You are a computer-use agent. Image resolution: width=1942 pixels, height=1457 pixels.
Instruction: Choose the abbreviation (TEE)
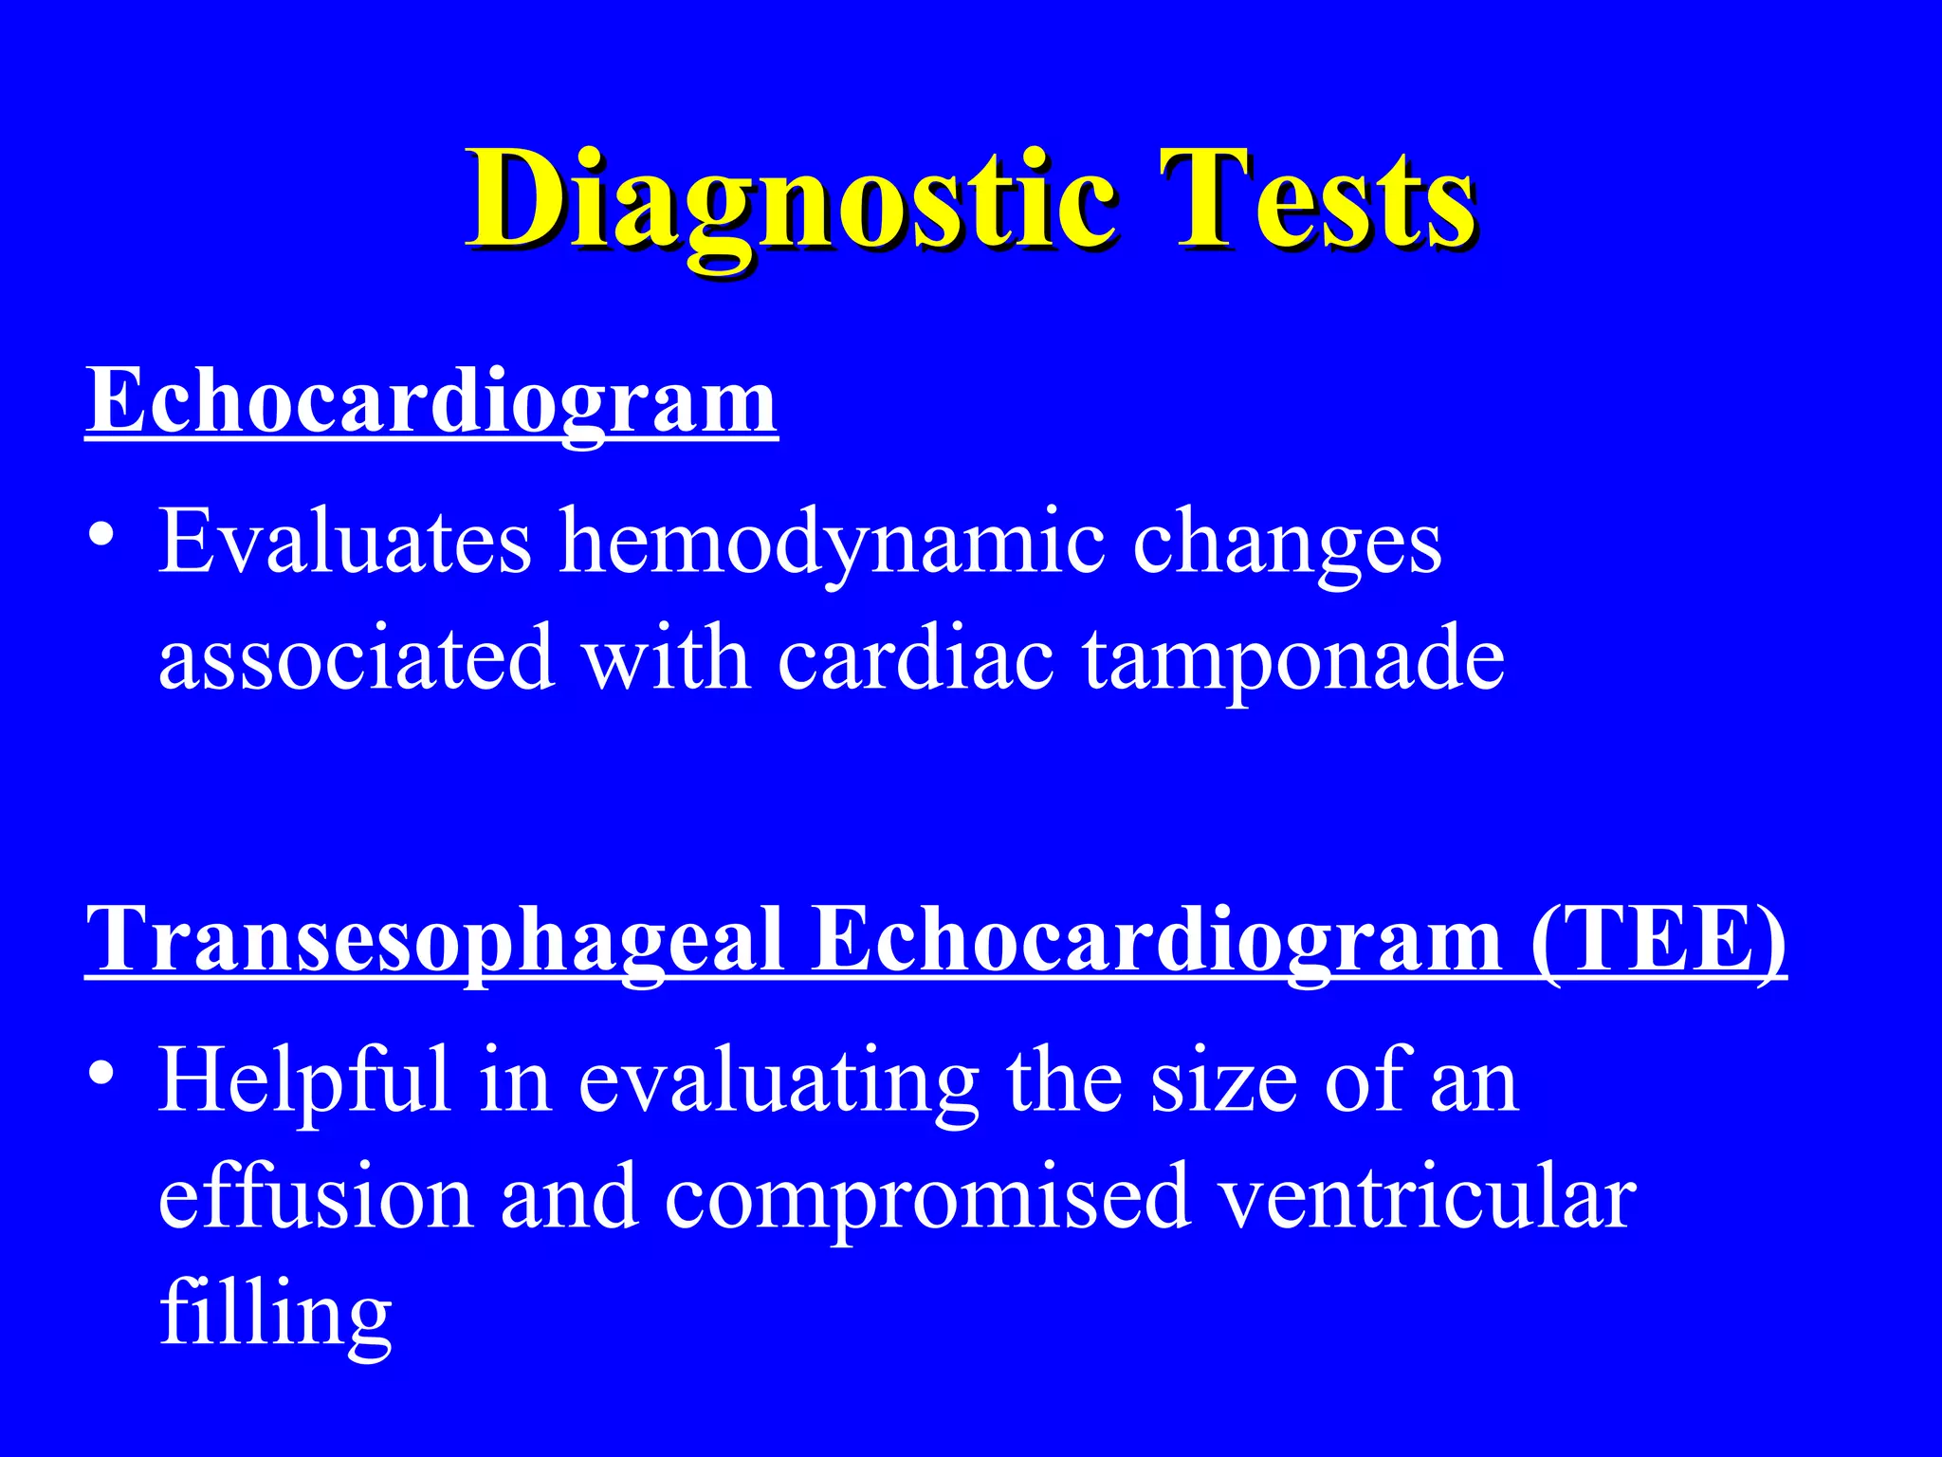tap(1658, 939)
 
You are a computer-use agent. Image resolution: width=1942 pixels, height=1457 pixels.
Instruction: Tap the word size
tap(1223, 1081)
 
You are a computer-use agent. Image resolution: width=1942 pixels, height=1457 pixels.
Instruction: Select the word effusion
tap(315, 1197)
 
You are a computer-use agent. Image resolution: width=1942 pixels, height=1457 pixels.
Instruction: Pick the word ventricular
tap(1427, 1197)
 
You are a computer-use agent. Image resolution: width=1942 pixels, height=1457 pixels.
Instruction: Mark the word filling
tap(275, 1315)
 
